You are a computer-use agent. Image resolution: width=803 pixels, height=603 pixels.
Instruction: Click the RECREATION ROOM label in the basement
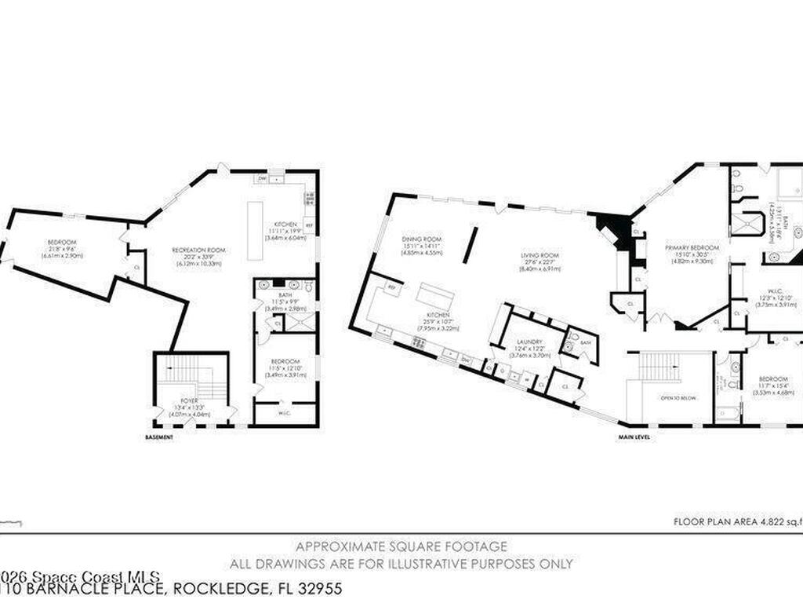(198, 250)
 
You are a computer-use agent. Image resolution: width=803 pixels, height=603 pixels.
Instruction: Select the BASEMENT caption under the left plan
(158, 437)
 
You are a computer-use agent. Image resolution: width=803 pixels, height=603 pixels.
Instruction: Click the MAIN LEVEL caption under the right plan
(633, 437)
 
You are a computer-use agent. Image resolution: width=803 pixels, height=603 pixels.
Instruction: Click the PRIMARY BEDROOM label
(686, 247)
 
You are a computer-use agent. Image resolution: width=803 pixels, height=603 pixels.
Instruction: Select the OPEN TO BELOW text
(675, 397)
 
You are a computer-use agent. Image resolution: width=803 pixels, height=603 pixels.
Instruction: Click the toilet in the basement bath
(309, 287)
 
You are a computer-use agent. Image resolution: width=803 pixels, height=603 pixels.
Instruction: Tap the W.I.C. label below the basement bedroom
(285, 412)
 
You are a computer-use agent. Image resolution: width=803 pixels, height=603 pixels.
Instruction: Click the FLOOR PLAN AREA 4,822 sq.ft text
(737, 521)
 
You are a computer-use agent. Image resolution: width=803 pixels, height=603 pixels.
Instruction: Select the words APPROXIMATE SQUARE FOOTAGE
(401, 546)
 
